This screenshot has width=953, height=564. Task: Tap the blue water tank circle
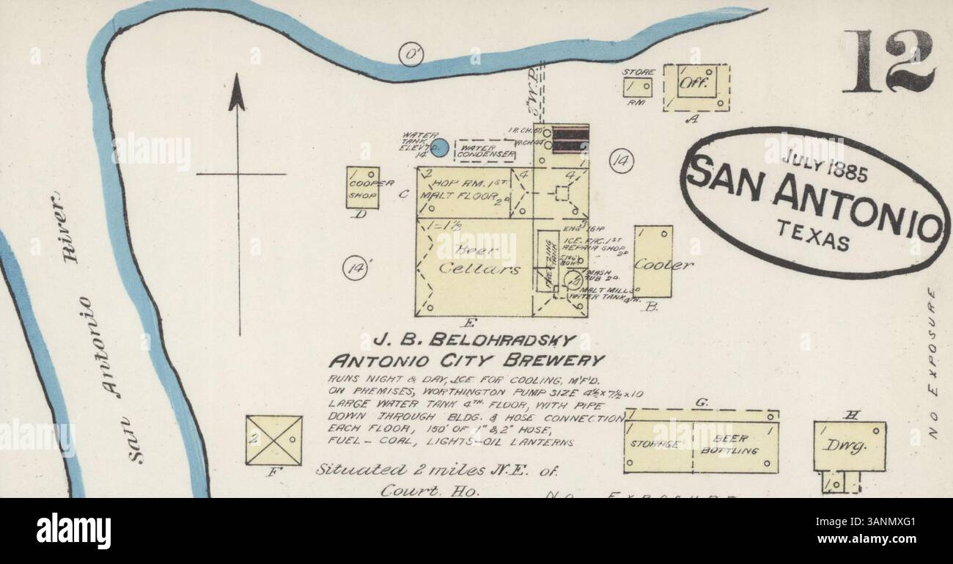[x=439, y=147]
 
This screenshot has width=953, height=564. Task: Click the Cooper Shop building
[x=362, y=188]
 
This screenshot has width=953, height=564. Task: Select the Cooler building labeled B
[x=652, y=261]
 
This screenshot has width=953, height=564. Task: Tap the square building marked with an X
[x=273, y=440]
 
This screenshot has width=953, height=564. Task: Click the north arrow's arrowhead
[x=236, y=93]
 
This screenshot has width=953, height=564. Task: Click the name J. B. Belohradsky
[x=472, y=340]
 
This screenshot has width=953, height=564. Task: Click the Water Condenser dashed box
[x=484, y=150]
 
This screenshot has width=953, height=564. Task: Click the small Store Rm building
[x=636, y=87]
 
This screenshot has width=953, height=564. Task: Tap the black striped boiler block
[x=570, y=139]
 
